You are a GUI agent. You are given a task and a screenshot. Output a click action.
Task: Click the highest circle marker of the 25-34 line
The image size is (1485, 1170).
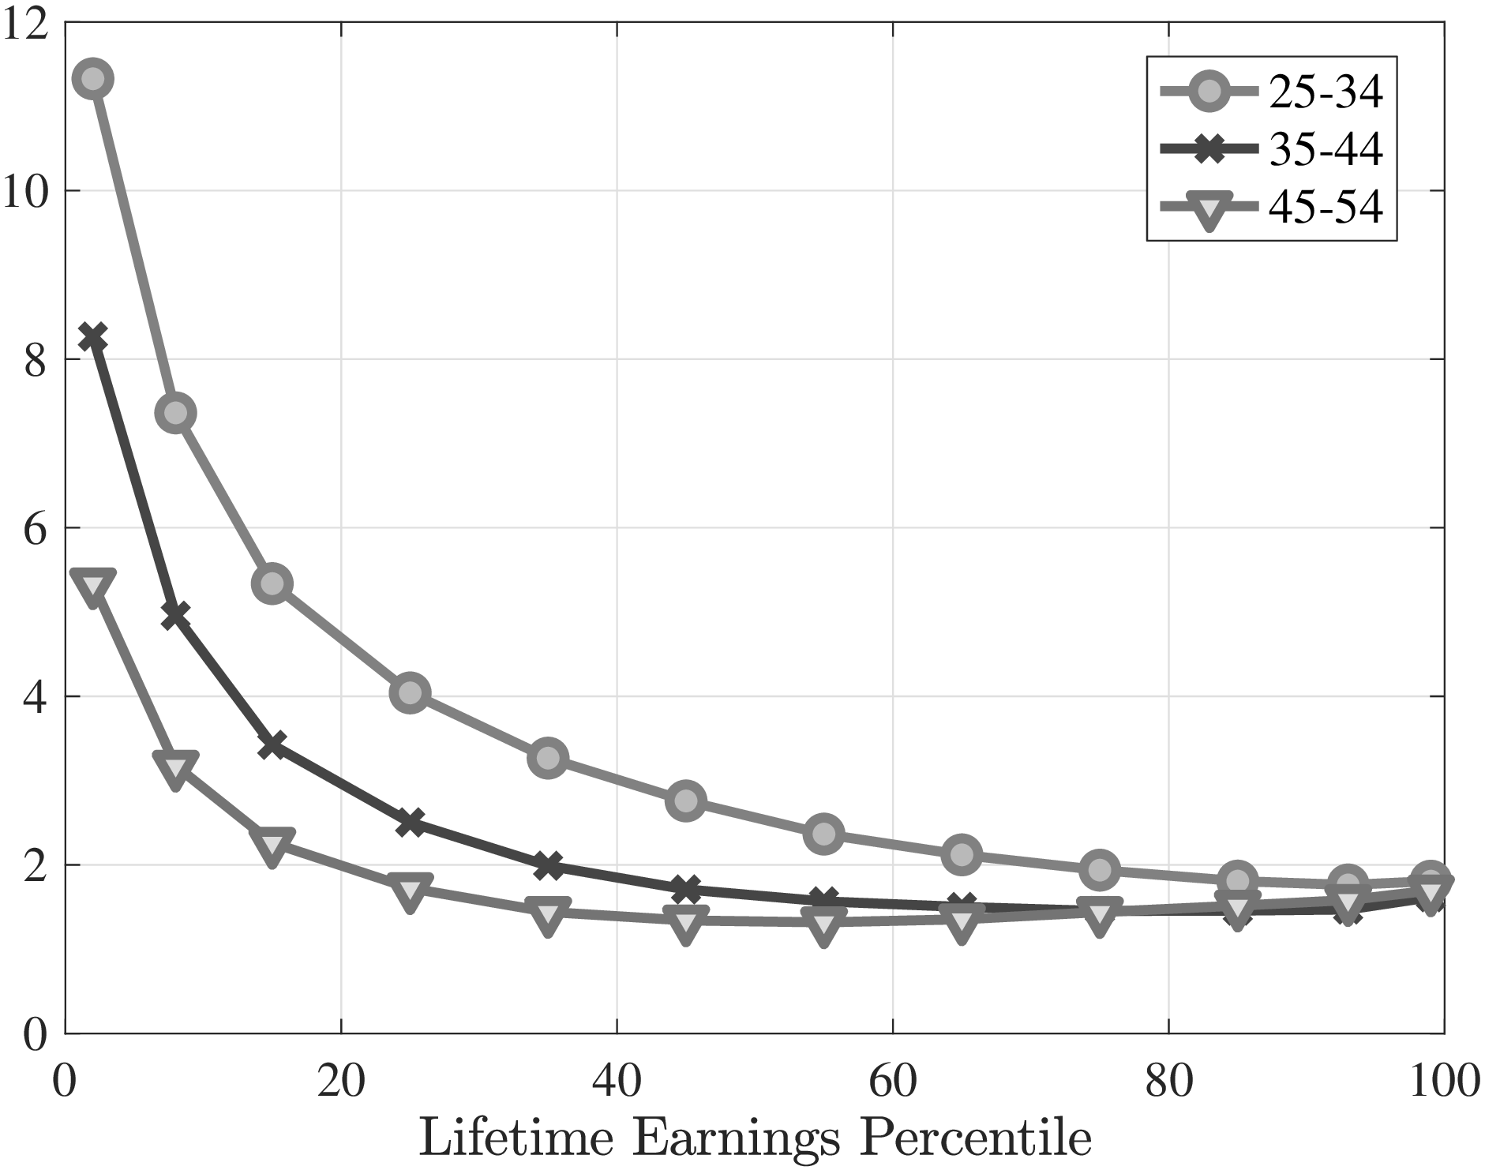point(92,79)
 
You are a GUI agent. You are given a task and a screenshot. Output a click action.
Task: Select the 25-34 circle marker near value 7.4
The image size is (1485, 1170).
point(175,412)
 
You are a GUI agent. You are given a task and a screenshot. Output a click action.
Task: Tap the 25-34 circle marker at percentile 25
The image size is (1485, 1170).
point(410,692)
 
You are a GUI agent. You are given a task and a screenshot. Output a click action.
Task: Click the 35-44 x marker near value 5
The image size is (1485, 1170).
point(175,614)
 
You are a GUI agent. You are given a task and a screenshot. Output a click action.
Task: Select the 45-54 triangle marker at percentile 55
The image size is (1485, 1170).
point(823,922)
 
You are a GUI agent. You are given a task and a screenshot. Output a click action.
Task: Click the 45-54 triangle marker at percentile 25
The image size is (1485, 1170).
point(410,890)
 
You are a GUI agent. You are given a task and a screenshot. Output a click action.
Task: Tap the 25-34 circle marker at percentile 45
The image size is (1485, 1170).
point(686,801)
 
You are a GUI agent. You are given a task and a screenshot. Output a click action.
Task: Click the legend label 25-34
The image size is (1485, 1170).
point(1326,93)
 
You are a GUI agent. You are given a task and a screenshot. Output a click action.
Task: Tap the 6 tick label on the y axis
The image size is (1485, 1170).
point(35,527)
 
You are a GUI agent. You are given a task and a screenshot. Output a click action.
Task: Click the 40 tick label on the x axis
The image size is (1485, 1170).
point(617,1082)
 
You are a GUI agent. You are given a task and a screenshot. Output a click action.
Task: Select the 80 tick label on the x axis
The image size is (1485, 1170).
point(1168,1082)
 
